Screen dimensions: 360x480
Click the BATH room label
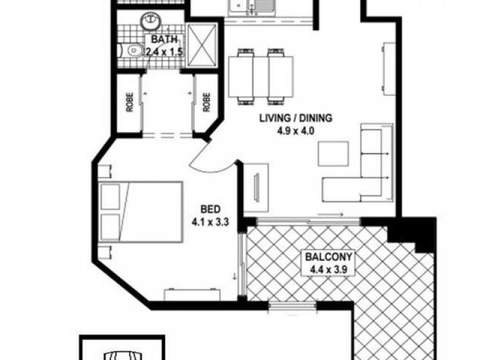[x=164, y=40]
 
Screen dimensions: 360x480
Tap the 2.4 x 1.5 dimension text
[x=164, y=52]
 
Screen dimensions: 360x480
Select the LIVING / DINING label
[x=295, y=118]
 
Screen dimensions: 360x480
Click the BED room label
[x=209, y=210]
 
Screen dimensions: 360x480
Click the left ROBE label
[x=128, y=103]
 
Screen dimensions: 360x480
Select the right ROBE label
[x=206, y=103]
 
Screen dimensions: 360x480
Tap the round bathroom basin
[x=148, y=22]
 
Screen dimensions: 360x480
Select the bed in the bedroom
[x=140, y=212]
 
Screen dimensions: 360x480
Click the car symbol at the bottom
[x=122, y=354]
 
